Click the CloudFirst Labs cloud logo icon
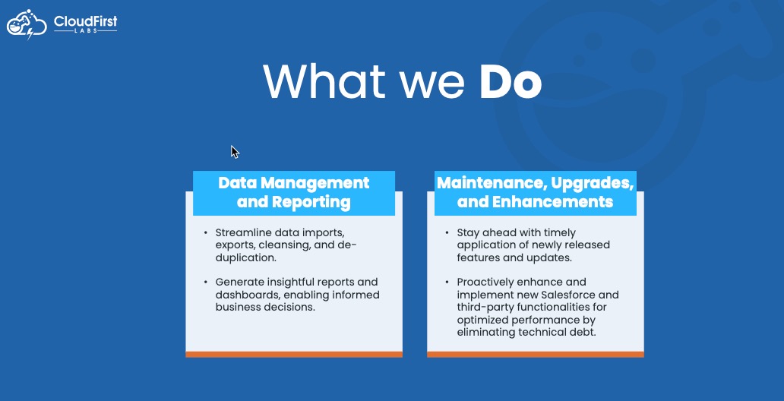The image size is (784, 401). [27, 24]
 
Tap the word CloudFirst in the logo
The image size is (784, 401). [86, 21]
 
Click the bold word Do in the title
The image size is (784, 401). [511, 81]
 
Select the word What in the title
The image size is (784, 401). [324, 81]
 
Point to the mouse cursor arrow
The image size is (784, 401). [235, 152]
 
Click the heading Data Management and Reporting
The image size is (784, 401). [294, 192]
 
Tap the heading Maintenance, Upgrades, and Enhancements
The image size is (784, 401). [536, 192]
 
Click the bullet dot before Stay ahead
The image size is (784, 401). [447, 233]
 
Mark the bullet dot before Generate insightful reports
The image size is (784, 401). [206, 282]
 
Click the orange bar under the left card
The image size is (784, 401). [294, 355]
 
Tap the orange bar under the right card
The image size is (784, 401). [536, 355]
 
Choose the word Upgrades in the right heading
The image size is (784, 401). [593, 184]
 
